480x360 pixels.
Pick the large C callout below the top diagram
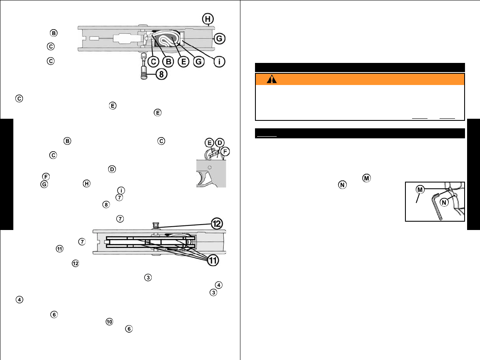coord(153,62)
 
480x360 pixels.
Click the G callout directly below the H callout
coord(220,39)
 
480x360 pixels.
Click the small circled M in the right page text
coord(366,178)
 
